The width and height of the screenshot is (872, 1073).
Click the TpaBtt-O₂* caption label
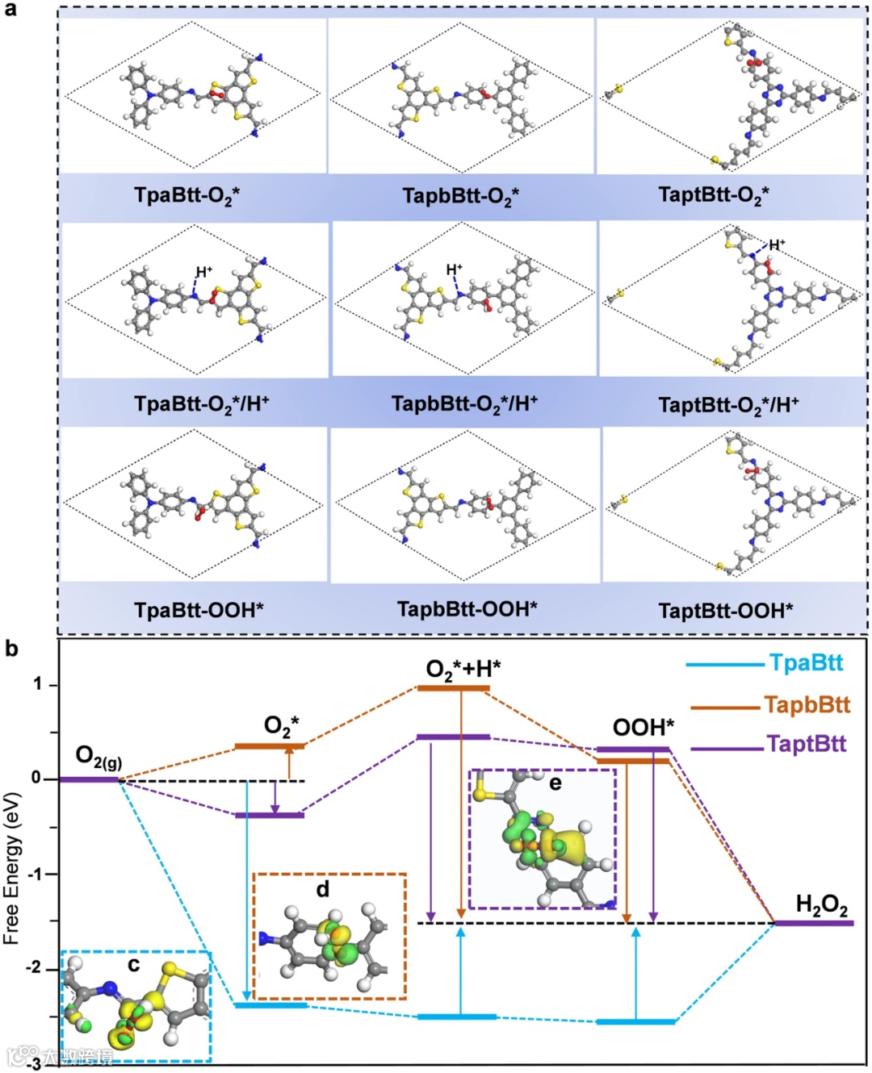tap(187, 195)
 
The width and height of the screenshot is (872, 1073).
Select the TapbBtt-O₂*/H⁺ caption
tap(464, 403)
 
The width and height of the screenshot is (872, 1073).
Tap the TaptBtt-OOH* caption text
tap(725, 610)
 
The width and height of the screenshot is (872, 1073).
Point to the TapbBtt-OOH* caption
tap(467, 608)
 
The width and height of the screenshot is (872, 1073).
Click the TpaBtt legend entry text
tap(806, 663)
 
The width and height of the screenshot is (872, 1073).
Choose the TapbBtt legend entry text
tap(807, 704)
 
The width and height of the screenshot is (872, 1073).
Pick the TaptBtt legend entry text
tap(806, 743)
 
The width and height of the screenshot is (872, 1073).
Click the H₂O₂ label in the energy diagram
tap(821, 905)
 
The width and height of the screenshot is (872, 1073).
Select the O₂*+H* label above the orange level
tap(463, 669)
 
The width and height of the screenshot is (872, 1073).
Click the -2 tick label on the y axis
tap(34, 968)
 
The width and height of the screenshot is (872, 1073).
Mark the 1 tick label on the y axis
tap(37, 684)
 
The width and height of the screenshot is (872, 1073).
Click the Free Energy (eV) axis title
tap(11, 867)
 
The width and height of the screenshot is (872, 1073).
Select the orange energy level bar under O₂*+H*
tap(453, 688)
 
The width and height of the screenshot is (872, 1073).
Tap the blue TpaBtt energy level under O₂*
tap(270, 1005)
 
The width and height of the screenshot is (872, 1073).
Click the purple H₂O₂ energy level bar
tap(813, 923)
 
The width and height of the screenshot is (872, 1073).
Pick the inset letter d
tap(322, 889)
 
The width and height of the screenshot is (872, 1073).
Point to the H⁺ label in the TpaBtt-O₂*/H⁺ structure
tap(203, 271)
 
